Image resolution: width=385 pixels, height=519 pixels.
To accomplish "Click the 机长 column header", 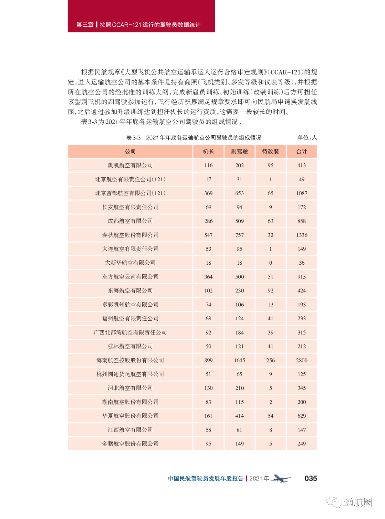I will point(208,152).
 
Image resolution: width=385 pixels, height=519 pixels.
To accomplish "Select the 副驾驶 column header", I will point(239,152).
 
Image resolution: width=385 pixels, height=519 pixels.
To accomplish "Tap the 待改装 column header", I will point(270,152).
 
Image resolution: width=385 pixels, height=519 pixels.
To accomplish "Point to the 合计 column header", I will point(302,152).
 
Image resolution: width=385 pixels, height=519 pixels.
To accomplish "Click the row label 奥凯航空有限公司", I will point(130,166).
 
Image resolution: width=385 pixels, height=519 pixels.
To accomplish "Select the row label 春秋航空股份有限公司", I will point(130,235).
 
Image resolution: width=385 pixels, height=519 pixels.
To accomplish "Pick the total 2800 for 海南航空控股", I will point(302,360).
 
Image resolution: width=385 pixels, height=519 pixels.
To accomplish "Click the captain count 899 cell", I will point(208,360).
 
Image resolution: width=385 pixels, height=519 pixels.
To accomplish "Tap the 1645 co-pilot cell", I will point(239,360).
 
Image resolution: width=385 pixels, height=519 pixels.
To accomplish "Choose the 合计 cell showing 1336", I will point(302,235).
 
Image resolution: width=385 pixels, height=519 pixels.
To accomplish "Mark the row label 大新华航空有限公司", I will point(130,263).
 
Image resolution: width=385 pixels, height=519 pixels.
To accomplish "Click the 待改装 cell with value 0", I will point(271,263).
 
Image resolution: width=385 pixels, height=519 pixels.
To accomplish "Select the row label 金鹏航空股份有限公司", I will point(130,444).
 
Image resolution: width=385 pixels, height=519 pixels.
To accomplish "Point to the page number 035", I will point(310,479).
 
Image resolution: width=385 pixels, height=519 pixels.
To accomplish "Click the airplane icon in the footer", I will point(281,479).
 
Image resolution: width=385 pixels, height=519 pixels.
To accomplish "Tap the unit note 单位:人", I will point(307,138).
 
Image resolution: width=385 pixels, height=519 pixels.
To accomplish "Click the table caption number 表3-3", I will point(133,138).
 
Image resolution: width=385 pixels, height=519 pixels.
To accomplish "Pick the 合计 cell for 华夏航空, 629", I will point(302,416).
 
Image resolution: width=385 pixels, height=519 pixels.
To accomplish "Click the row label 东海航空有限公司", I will point(130,291).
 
